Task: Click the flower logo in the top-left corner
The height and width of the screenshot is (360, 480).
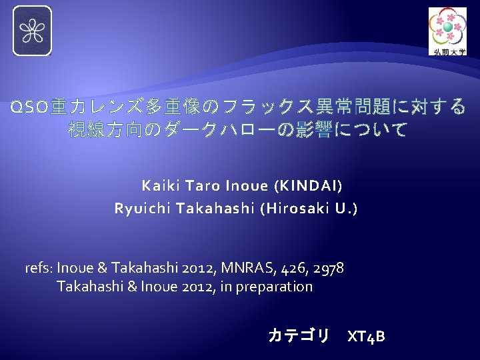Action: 32,31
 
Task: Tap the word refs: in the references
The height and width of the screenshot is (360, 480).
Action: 39,269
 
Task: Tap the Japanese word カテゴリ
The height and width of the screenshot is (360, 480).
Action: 298,335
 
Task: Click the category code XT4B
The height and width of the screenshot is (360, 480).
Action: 366,336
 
